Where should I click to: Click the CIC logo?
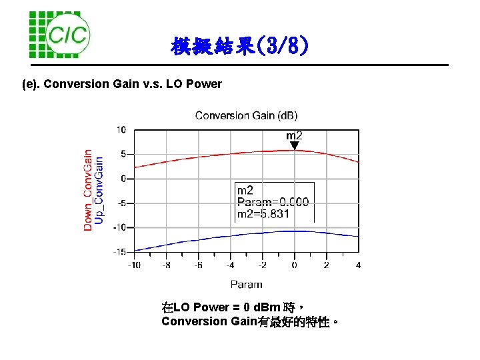click(x=59, y=34)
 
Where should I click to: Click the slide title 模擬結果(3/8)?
click(x=239, y=47)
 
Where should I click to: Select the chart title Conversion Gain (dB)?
click(x=246, y=115)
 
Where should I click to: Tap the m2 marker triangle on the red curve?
click(x=294, y=145)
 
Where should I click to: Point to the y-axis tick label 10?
click(x=121, y=129)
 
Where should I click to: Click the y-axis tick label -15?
click(x=119, y=252)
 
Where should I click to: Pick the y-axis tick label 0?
click(x=123, y=179)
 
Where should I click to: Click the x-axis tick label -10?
click(x=134, y=265)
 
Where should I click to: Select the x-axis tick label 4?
click(x=359, y=265)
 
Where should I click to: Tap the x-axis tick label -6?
click(x=198, y=265)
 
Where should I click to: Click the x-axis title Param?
click(x=246, y=284)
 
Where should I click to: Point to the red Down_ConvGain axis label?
click(x=87, y=190)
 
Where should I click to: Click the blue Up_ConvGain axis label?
click(x=99, y=190)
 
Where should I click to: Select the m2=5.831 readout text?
click(x=263, y=214)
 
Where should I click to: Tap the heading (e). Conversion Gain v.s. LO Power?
click(x=122, y=84)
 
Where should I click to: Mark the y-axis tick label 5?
click(x=123, y=154)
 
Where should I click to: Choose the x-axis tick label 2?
click(x=326, y=265)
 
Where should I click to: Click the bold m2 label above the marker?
click(x=294, y=135)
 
